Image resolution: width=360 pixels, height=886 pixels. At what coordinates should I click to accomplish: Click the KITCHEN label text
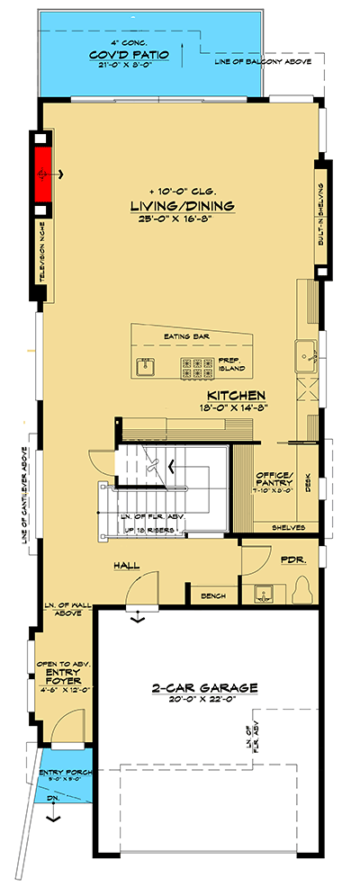235,396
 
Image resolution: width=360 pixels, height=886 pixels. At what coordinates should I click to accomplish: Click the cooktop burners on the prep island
197,366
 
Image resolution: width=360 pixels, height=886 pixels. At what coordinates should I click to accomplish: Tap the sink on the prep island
144,366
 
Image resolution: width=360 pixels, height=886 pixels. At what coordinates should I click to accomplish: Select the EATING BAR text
184,336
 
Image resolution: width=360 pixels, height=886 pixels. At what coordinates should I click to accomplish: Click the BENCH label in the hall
213,596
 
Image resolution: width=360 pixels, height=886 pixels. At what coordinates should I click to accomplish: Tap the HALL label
126,566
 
